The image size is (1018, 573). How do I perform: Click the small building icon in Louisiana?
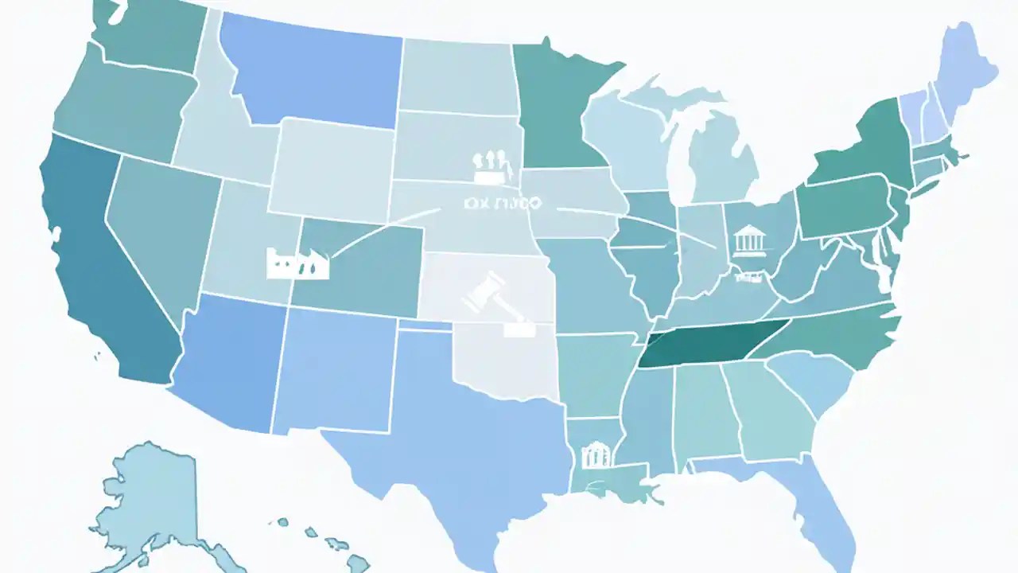596,455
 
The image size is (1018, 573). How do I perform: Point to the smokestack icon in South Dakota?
489,162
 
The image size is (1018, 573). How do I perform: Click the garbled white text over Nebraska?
501,204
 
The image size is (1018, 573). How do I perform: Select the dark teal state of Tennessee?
708,344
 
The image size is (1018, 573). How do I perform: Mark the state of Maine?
966,68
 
